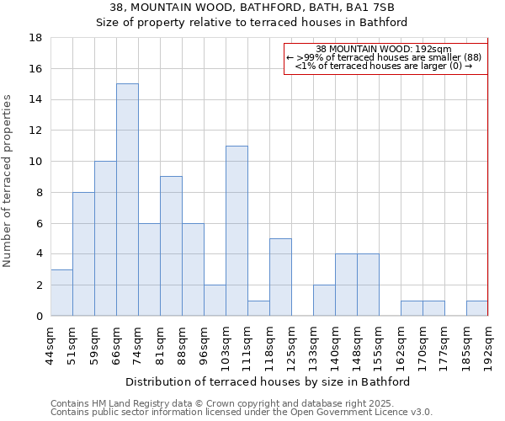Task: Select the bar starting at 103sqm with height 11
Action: tap(237, 231)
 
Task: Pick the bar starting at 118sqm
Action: tap(280, 277)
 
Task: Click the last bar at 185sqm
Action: tap(477, 308)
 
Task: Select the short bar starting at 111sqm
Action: tap(258, 308)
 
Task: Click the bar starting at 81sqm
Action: tap(171, 246)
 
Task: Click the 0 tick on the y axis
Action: tap(39, 316)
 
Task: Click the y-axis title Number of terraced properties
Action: tap(8, 181)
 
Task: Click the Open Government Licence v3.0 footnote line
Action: tap(242, 412)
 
